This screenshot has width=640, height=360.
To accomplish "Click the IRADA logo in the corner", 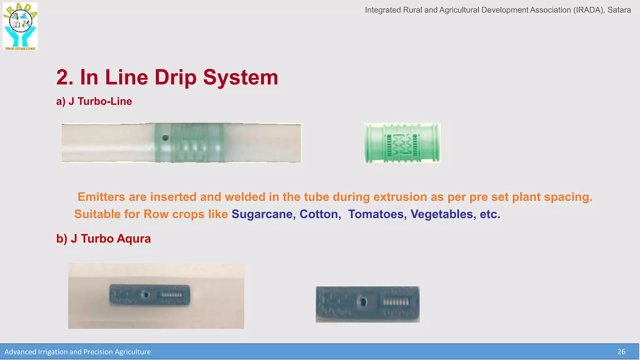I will click(20, 26).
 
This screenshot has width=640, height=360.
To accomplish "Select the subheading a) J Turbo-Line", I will click(94, 101).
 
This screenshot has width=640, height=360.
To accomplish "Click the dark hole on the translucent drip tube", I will click(166, 137).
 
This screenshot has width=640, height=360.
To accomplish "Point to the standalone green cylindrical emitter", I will click(402, 143).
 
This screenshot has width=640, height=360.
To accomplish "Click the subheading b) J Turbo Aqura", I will click(103, 238).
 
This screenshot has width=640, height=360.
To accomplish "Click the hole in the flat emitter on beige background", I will click(145, 295).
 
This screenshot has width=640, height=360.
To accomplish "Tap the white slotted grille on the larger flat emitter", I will click(396, 302).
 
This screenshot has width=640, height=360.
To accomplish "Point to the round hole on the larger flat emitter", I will click(363, 302).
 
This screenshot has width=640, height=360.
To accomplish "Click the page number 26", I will click(621, 352).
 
